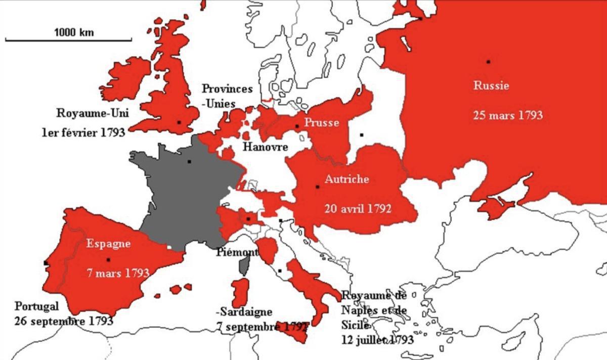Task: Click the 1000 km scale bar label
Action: click(74, 32)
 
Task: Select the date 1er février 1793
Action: click(83, 132)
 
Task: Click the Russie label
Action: click(491, 85)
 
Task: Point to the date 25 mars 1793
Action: click(508, 115)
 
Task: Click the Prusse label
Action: click(321, 122)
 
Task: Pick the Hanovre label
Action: click(265, 147)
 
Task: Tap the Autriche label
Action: click(346, 179)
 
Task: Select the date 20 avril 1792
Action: click(358, 208)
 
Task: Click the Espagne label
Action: click(108, 244)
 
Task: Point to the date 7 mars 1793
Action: click(117, 273)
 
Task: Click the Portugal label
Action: click(37, 306)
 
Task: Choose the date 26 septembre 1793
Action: click(64, 321)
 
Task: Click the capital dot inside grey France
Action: click(189, 161)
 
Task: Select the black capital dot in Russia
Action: click(489, 62)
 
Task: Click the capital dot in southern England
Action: click(179, 122)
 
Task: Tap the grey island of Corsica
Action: click(245, 264)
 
